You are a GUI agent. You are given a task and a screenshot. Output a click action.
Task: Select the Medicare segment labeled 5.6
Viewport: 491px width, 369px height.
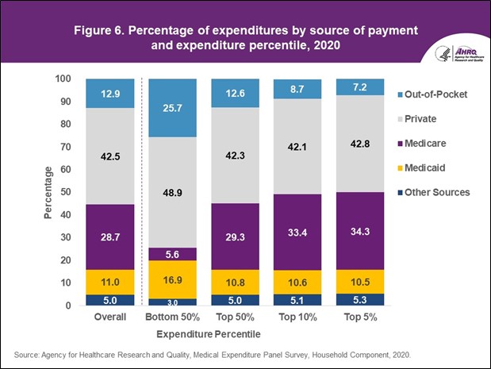point(173,254)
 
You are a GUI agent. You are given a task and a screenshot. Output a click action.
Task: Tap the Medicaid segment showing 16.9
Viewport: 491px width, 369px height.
point(173,279)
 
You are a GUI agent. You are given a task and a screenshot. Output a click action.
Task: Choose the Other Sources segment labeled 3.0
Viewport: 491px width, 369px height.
point(173,302)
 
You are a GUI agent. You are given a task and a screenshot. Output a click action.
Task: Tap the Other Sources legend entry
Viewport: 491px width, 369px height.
point(436,192)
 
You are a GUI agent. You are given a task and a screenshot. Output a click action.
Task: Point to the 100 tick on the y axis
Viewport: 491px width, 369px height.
point(66,79)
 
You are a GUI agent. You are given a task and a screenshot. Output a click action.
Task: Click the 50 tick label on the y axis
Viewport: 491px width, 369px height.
point(69,192)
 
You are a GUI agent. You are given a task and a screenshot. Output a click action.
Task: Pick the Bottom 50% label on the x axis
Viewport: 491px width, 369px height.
point(172,317)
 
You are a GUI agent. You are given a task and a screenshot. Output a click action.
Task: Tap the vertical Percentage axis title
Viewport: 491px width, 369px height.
point(47,192)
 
